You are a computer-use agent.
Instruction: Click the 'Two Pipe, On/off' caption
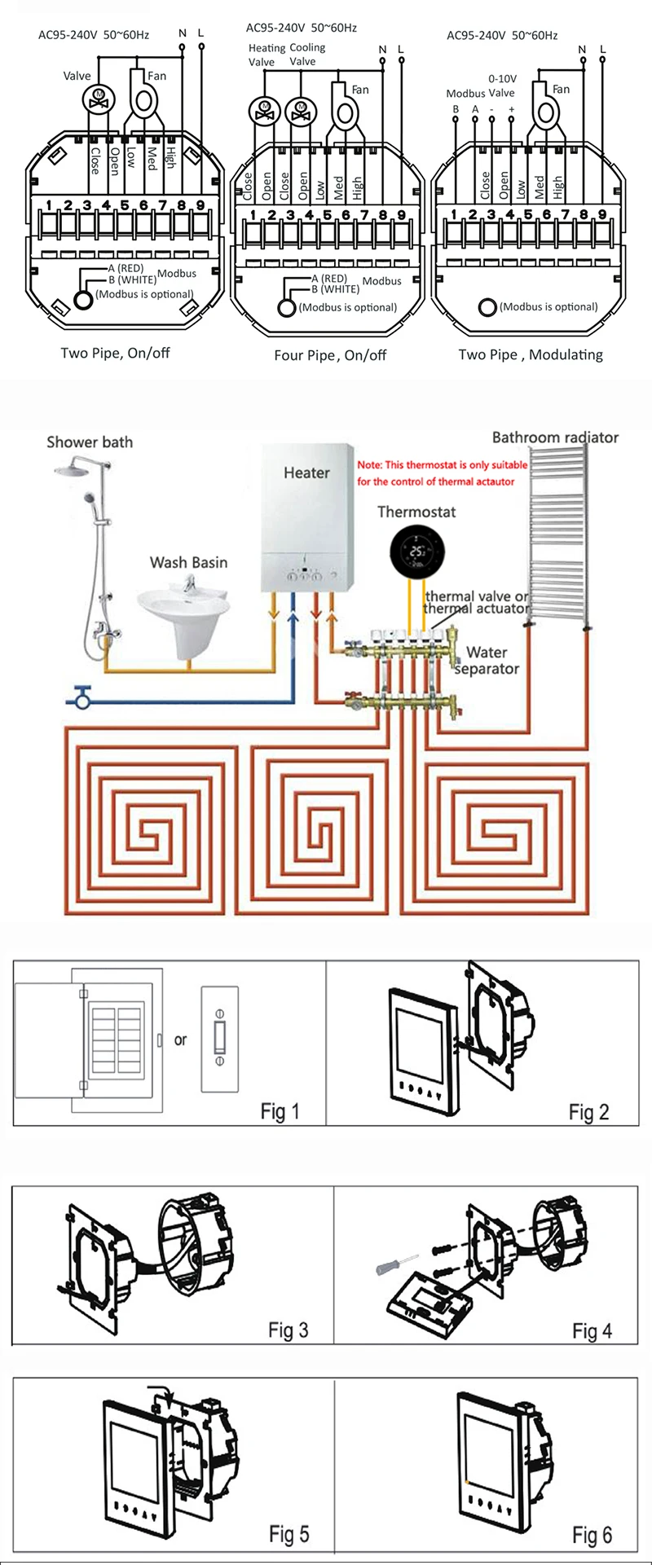115,354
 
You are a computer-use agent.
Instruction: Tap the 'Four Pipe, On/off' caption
330,356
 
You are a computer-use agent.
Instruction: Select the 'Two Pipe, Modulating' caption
531,354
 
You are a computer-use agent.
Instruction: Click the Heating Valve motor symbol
263,108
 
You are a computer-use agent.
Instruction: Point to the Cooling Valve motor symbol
301,108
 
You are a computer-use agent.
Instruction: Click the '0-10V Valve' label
501,86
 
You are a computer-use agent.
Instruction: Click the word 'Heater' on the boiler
306,473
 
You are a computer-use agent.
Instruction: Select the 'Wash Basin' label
188,562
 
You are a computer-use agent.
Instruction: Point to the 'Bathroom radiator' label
555,437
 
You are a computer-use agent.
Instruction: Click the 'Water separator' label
487,661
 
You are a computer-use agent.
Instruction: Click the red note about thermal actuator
442,473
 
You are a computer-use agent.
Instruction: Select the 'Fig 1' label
280,1111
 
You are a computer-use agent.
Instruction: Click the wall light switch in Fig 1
219,1039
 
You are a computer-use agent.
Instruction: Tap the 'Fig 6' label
592,1536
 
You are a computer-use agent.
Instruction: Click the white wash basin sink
180,609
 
